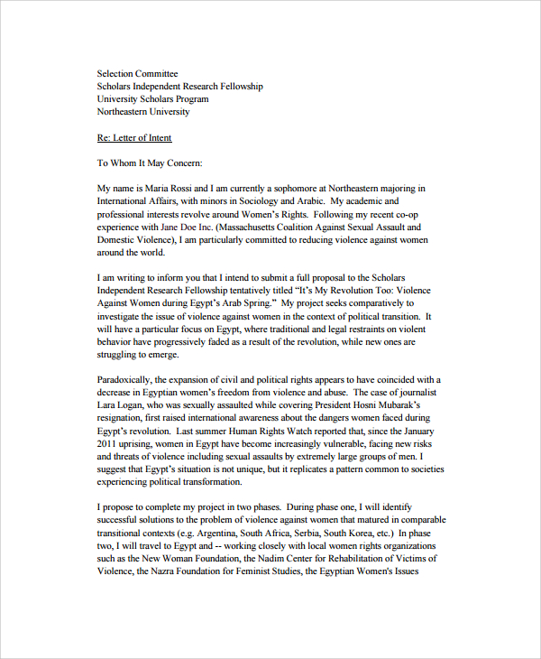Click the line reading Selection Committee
(137, 74)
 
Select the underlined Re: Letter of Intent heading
(133, 138)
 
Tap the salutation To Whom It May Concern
(150, 163)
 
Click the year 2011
(108, 445)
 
